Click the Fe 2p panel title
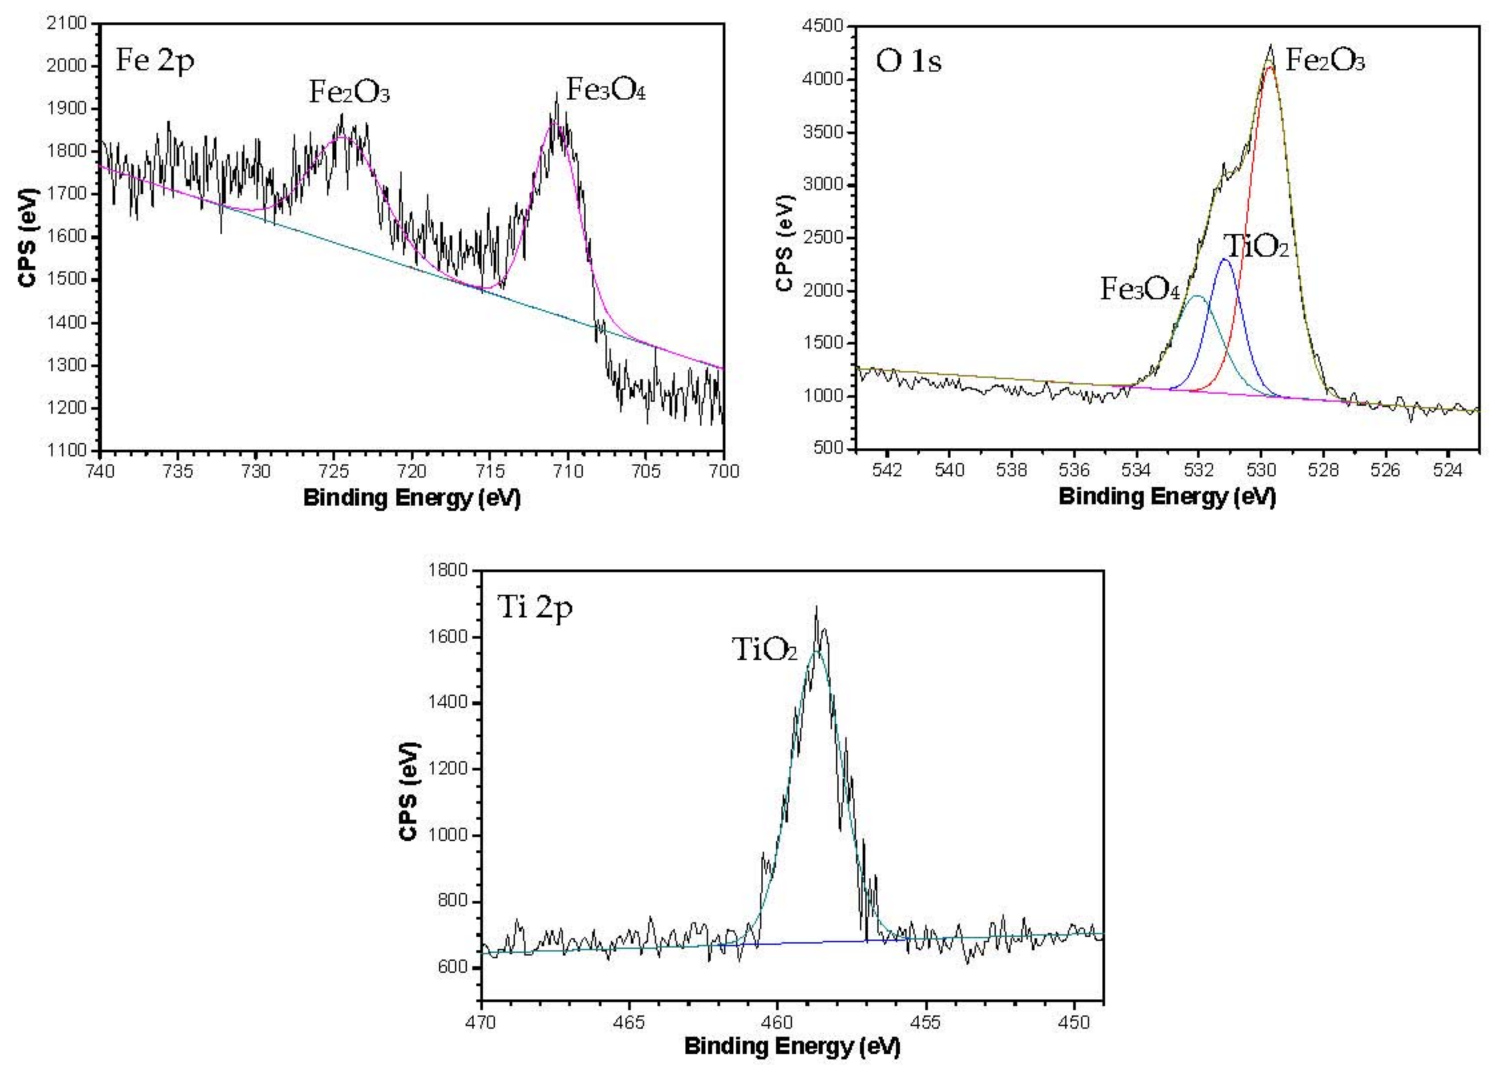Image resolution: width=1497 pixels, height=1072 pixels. pyautogui.click(x=155, y=61)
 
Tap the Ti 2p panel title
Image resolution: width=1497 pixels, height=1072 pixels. pyautogui.click(x=535, y=607)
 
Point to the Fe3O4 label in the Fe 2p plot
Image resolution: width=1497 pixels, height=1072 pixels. pyautogui.click(x=605, y=90)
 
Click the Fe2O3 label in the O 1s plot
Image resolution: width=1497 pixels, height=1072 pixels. pyautogui.click(x=1325, y=61)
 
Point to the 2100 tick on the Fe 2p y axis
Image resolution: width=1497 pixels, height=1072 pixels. pyautogui.click(x=68, y=24)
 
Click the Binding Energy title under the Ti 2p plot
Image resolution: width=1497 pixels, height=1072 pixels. pyautogui.click(x=792, y=1046)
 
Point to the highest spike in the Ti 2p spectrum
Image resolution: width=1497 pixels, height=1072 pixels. pyautogui.click(x=817, y=607)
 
